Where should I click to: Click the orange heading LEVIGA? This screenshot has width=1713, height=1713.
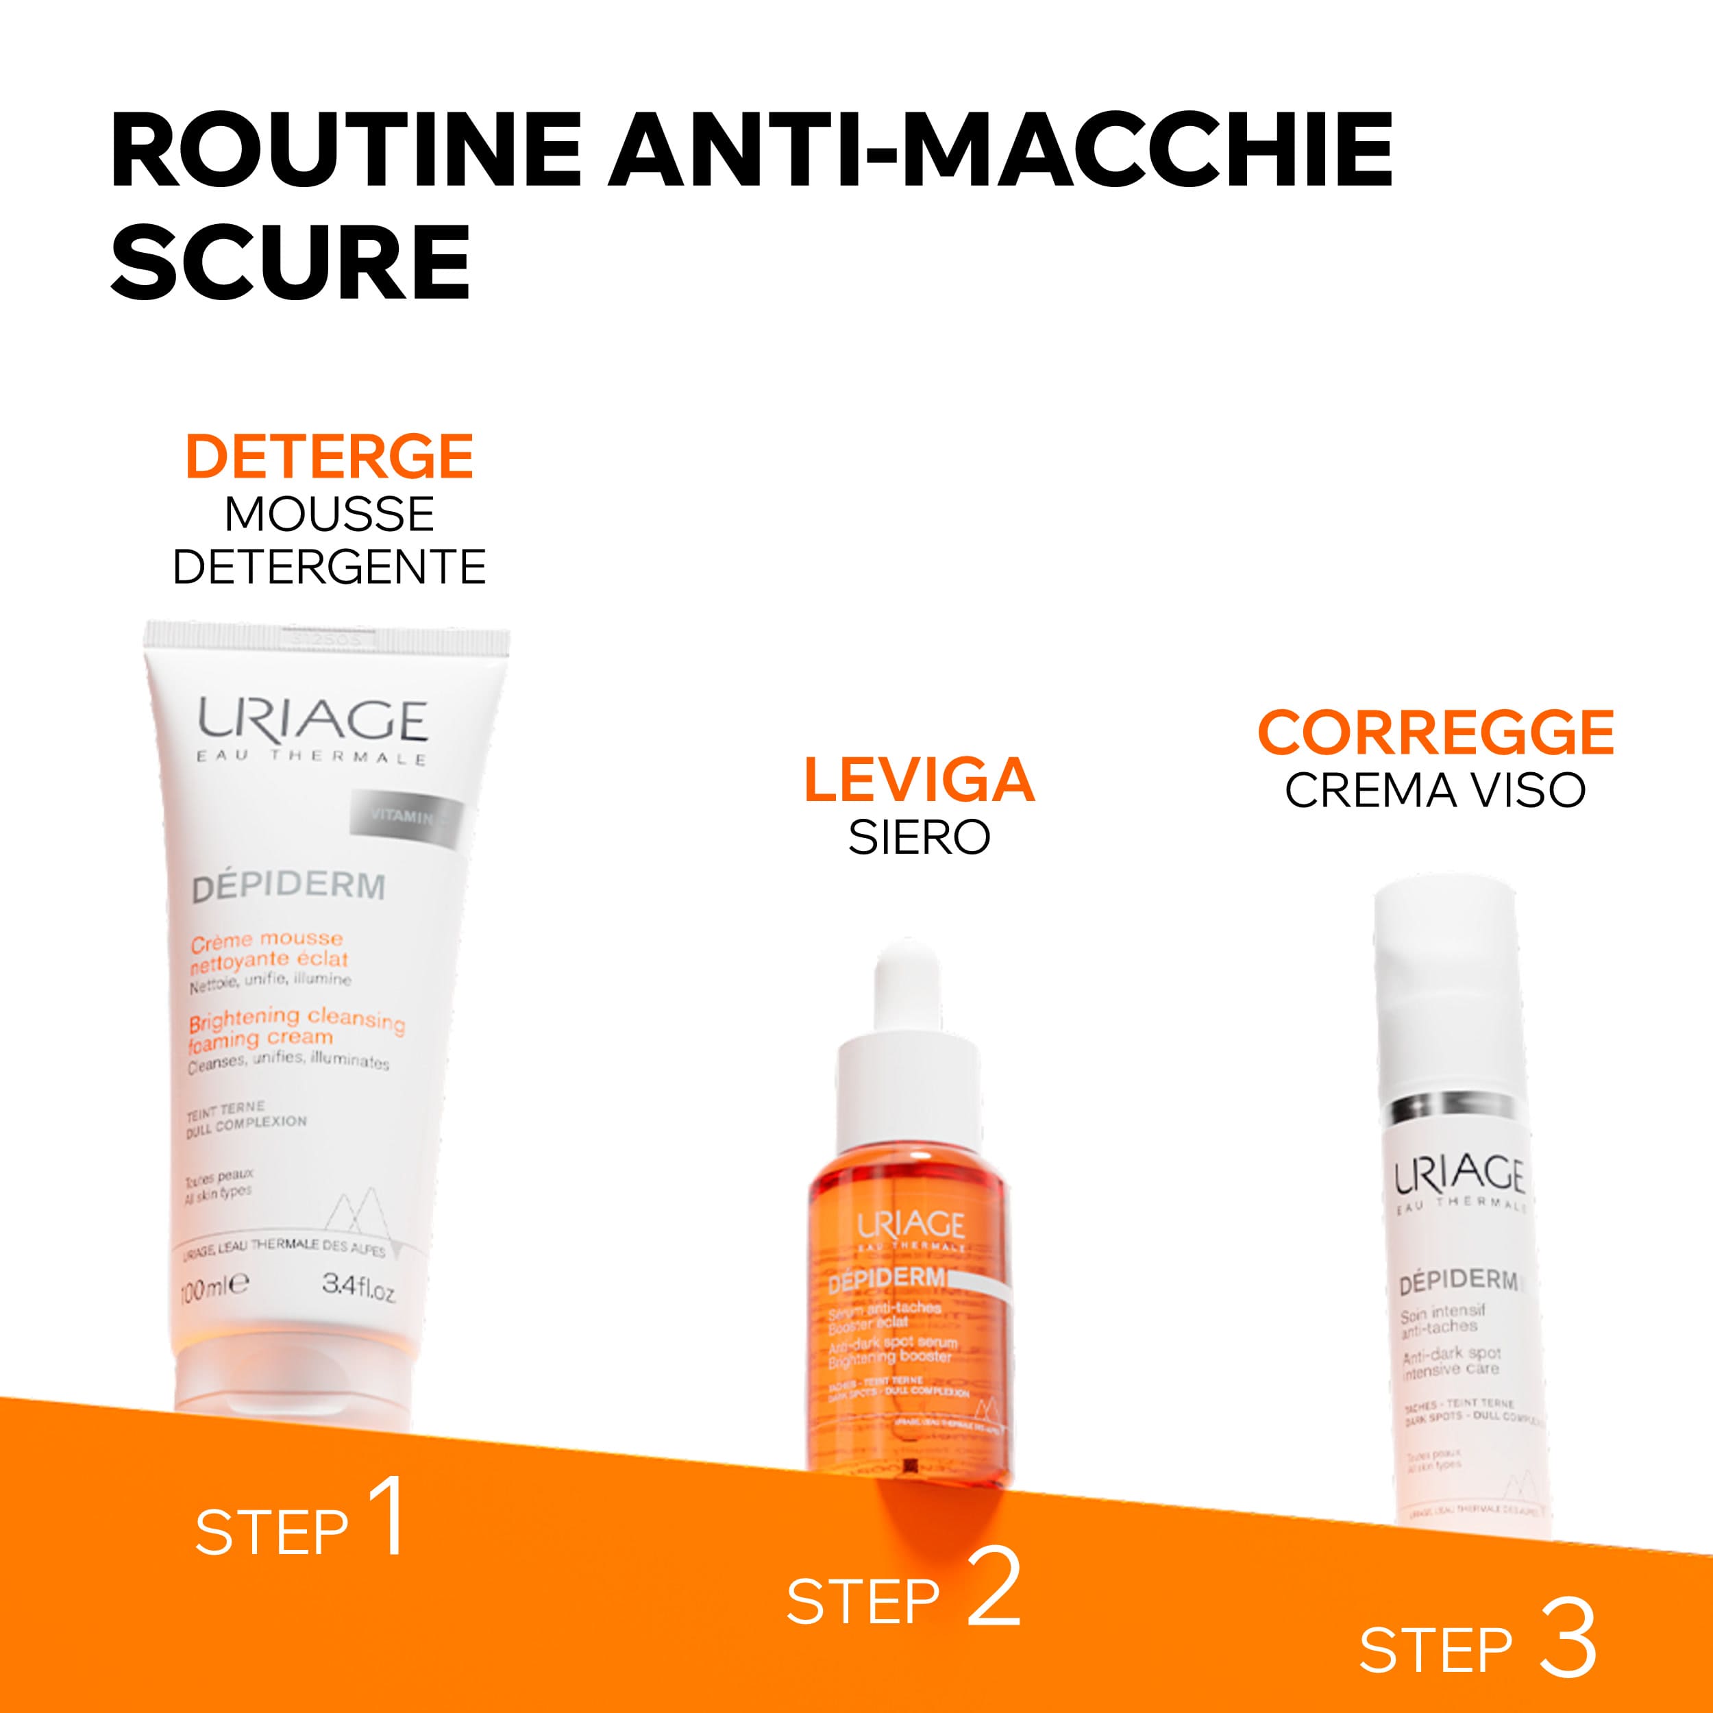click(919, 780)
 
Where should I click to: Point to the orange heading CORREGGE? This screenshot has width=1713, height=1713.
click(1435, 732)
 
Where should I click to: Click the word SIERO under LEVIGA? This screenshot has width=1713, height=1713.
click(919, 837)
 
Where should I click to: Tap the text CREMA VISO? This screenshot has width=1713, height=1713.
click(1435, 790)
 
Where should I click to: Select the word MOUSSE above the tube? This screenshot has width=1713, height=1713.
click(329, 515)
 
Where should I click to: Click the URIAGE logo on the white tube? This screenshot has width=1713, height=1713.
click(312, 720)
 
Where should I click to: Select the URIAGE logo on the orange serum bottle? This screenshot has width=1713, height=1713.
click(910, 1227)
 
